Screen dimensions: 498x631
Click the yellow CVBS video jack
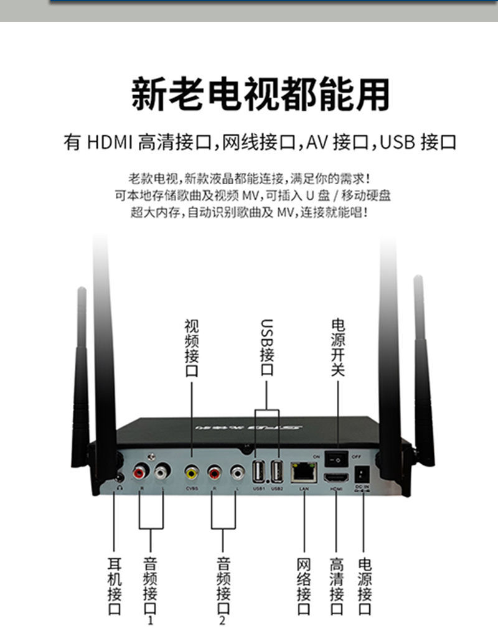click(x=191, y=474)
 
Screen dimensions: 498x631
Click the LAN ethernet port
click(x=304, y=473)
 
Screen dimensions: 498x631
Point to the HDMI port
click(x=337, y=477)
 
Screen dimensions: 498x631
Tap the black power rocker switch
click(x=337, y=459)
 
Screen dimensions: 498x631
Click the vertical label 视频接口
click(x=191, y=348)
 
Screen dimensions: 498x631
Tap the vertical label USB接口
click(x=266, y=348)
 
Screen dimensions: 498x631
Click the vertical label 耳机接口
click(x=115, y=586)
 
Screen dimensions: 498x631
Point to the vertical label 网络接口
click(x=304, y=586)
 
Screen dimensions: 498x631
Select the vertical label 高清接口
click(x=337, y=586)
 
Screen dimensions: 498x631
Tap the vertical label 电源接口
click(x=365, y=586)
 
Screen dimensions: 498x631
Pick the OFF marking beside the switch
click(x=357, y=457)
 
